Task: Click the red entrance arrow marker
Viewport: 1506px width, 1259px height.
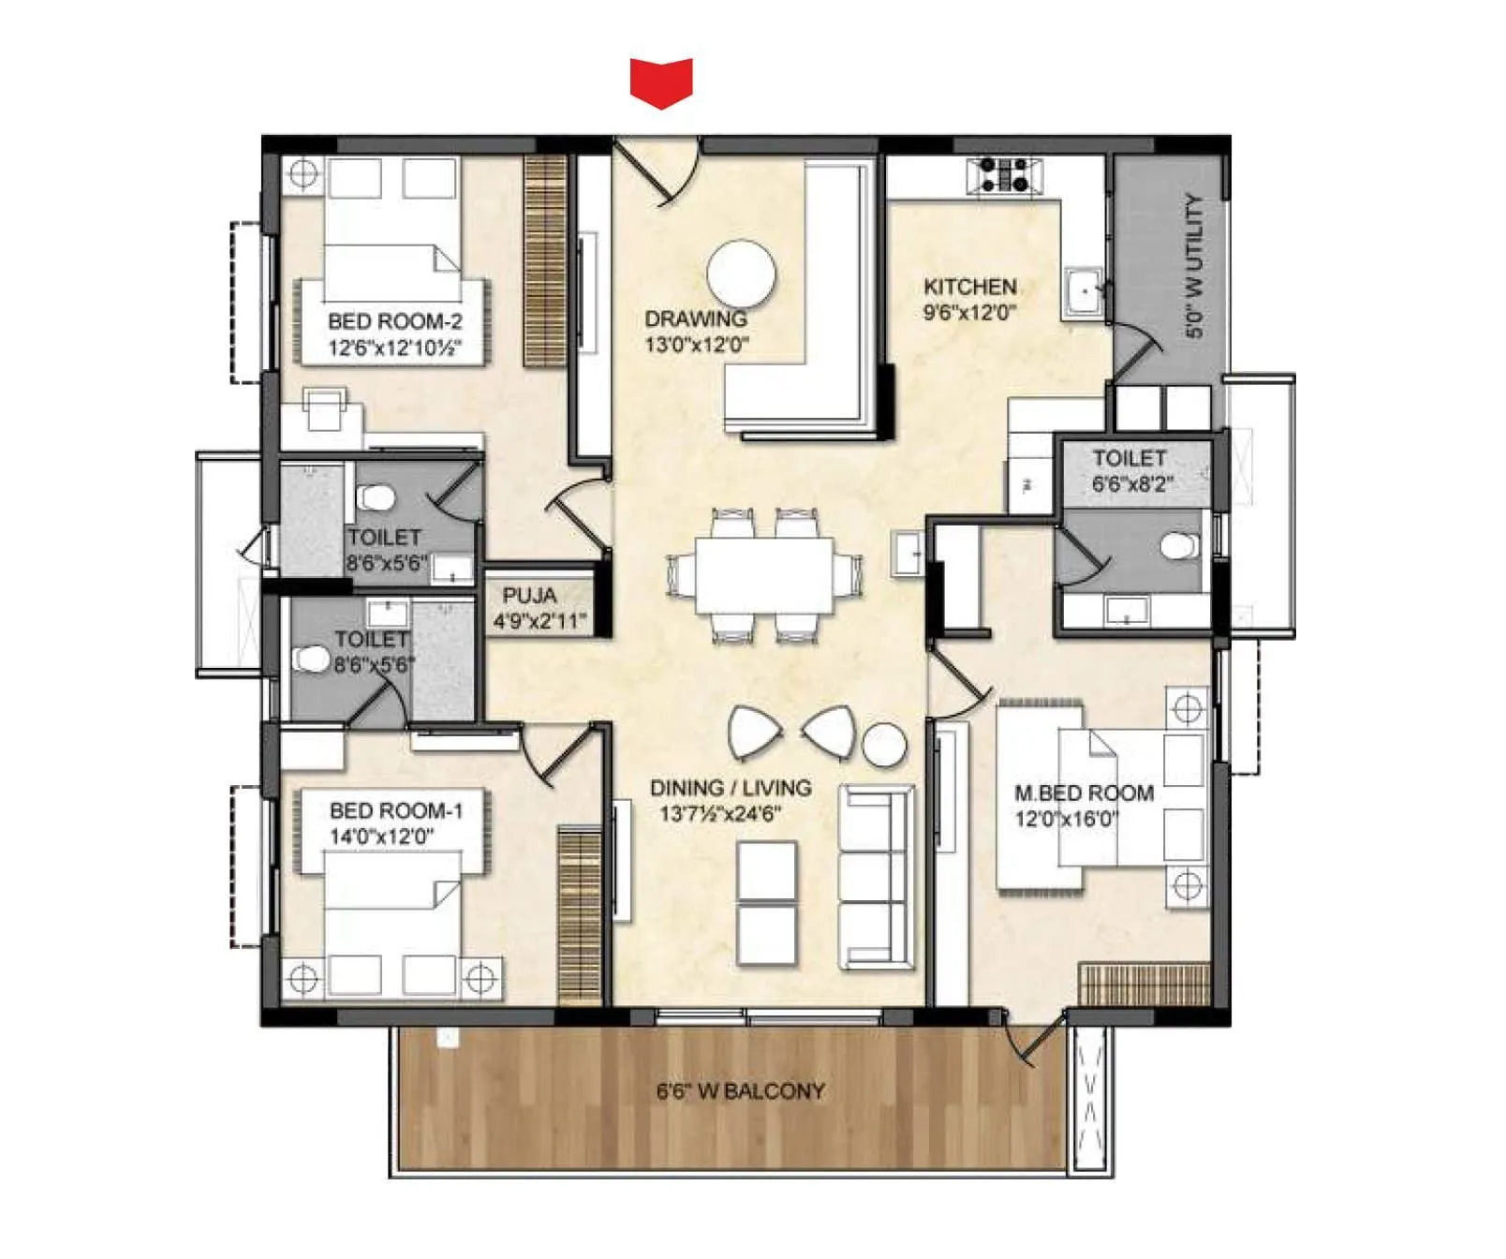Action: click(x=661, y=81)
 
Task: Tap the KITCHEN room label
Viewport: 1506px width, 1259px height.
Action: click(x=969, y=287)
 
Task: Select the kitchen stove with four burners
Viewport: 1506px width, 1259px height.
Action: click(x=1005, y=175)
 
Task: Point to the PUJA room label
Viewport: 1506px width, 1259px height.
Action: click(x=529, y=596)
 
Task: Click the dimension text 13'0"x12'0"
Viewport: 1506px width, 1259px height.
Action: click(x=696, y=345)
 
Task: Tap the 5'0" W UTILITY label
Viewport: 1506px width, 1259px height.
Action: click(x=1193, y=265)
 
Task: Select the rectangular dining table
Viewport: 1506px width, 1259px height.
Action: click(x=764, y=575)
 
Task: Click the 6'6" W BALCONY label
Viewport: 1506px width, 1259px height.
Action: click(x=740, y=1091)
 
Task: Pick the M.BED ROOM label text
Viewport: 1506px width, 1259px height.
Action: click(x=1084, y=793)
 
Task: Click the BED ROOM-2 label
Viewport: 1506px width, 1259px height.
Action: click(x=394, y=321)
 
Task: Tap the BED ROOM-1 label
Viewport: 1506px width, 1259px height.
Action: click(x=395, y=810)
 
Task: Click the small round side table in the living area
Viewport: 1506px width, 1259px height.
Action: click(x=883, y=746)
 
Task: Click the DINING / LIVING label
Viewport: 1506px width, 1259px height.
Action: click(x=731, y=788)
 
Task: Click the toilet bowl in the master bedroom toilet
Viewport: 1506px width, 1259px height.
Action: click(x=1178, y=545)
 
